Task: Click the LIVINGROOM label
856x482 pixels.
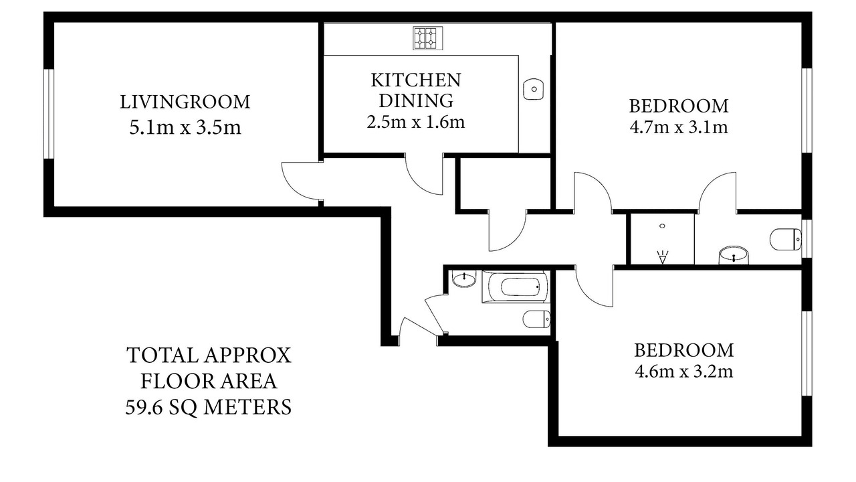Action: click(185, 102)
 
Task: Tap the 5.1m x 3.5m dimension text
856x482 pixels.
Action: click(185, 127)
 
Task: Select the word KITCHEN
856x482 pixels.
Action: click(416, 80)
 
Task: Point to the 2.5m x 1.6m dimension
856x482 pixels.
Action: click(416, 122)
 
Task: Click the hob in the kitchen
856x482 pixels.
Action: click(427, 38)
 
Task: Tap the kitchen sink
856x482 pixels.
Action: click(534, 89)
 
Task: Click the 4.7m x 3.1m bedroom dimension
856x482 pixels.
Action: click(679, 127)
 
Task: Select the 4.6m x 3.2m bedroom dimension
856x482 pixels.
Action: click(683, 372)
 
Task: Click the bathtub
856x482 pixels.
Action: click(516, 287)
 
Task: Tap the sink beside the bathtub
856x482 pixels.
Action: click(464, 278)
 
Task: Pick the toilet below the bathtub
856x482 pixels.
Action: click(536, 319)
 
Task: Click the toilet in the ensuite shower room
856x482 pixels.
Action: click(785, 240)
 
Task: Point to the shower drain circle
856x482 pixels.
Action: click(662, 226)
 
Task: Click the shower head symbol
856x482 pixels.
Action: click(662, 257)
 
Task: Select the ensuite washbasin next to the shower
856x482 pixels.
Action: click(734, 255)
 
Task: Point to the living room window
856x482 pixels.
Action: click(49, 114)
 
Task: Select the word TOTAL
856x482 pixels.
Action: click(163, 355)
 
